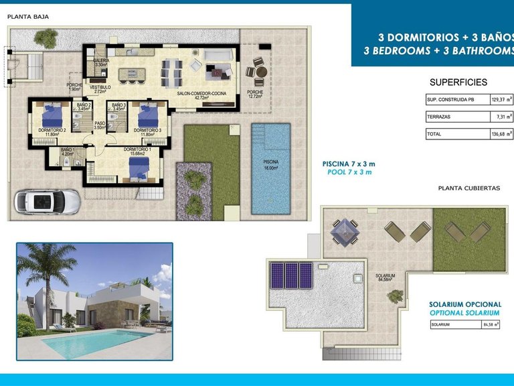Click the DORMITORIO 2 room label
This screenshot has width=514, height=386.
coord(49,130)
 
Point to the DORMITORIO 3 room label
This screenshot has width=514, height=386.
coord(147,130)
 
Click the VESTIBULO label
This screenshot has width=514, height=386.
coord(100,88)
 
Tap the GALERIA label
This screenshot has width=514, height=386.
coord(101,61)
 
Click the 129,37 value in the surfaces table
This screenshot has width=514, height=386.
coord(497,99)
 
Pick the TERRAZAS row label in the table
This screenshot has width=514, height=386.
coord(438,117)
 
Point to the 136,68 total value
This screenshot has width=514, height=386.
coord(497,134)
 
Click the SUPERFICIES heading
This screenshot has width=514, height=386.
coord(458,82)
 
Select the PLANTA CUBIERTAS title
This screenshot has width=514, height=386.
coord(468,188)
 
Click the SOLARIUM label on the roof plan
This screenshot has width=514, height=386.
coord(384,275)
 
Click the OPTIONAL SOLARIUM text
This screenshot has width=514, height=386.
coord(464,313)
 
